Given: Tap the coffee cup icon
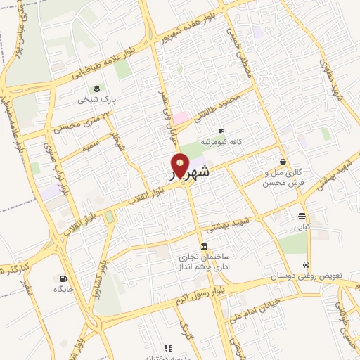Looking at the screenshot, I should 221,131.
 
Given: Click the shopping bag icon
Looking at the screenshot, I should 283,162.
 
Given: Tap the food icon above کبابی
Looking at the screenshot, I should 302,216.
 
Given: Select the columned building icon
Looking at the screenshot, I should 204,246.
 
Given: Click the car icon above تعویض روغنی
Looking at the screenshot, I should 307,264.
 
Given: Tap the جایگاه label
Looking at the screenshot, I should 63,289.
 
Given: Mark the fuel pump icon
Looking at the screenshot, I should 65,278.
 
